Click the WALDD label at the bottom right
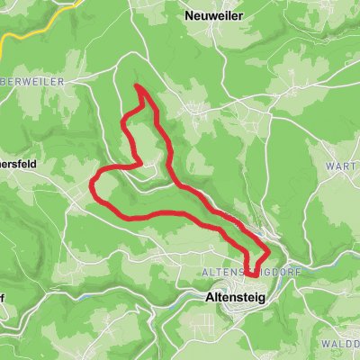tap(340, 343)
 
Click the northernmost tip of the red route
tap(138, 86)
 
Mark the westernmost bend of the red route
tap(94, 185)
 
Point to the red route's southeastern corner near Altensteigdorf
tap(267, 248)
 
